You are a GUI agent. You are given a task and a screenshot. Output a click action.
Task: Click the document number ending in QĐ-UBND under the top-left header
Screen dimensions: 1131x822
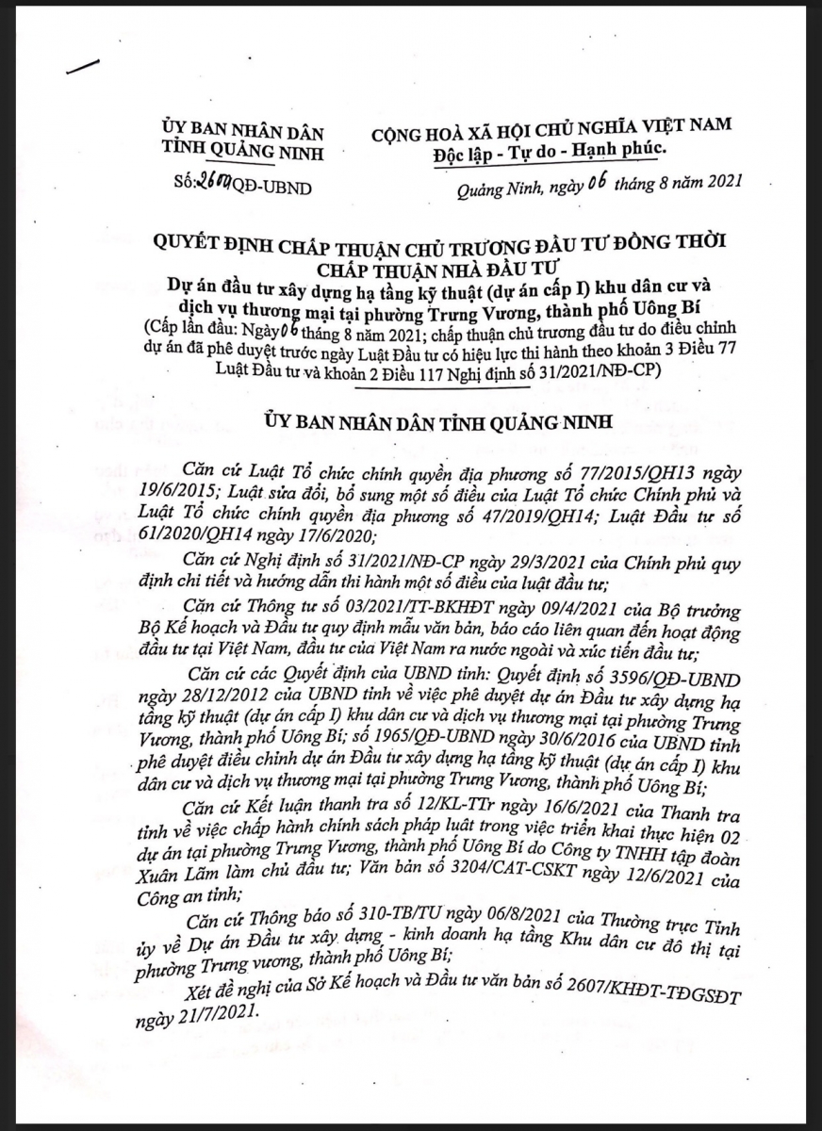(x=242, y=186)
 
